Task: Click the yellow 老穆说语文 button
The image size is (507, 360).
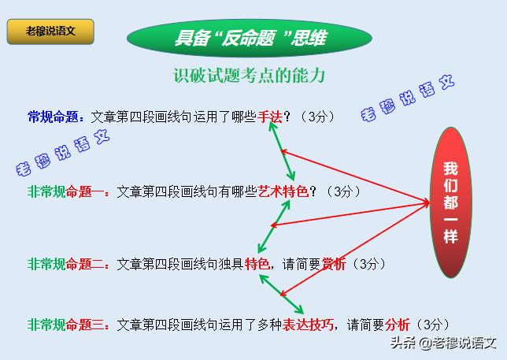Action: pos(50,32)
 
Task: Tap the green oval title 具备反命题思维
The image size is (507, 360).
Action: pos(250,38)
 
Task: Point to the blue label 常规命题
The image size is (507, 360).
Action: pos(54,117)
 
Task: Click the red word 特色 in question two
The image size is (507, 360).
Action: pos(257,264)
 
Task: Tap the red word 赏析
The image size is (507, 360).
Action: pos(335,264)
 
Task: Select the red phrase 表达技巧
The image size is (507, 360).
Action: pos(309,324)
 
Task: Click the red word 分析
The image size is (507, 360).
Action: pos(398,324)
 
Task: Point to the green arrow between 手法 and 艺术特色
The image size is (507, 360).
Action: pos(281,152)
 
